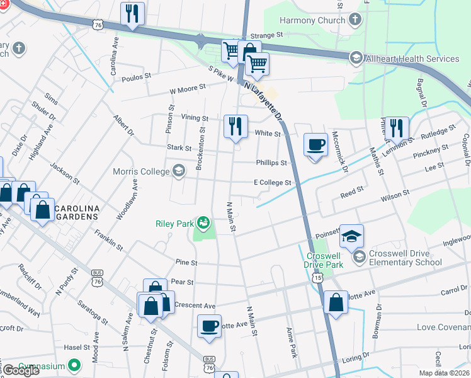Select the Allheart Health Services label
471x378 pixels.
click(x=414, y=59)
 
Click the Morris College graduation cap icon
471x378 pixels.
click(x=179, y=171)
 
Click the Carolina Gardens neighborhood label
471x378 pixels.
click(x=76, y=212)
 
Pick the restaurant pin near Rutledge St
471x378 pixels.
click(x=396, y=129)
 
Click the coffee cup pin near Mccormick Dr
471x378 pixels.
click(x=315, y=145)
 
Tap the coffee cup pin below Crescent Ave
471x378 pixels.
click(x=209, y=326)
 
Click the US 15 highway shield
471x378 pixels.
click(x=320, y=277)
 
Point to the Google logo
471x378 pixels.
click(x=21, y=370)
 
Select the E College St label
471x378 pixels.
click(x=272, y=183)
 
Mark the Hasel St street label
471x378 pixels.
click(x=77, y=348)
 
